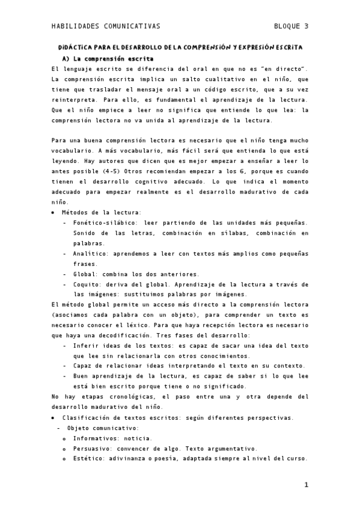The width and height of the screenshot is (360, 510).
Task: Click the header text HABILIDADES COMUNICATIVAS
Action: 106,26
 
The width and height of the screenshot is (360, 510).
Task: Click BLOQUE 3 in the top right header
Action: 291,26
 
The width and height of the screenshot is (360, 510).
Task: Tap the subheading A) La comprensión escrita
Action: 108,59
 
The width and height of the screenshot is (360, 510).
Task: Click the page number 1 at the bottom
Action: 306,485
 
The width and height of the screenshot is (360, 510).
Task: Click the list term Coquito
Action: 88,284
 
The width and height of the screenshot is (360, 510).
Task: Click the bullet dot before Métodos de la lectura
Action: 53,212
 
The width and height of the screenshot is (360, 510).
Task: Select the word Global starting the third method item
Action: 85,274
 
